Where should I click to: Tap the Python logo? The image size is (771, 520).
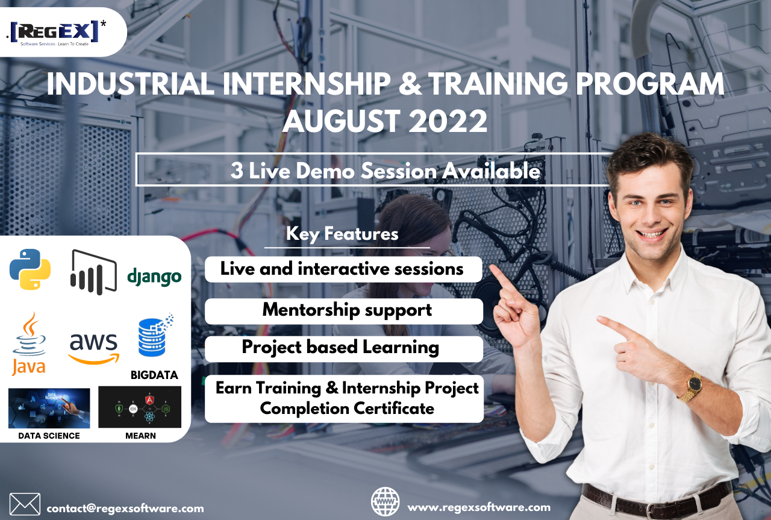[x=30, y=269]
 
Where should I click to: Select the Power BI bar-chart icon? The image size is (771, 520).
[x=93, y=272]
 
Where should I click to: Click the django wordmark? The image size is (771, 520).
[x=154, y=277]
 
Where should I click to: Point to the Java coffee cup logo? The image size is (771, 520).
[x=29, y=343]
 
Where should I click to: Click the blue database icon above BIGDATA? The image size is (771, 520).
[x=155, y=335]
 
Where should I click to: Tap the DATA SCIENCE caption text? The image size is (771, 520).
[x=49, y=436]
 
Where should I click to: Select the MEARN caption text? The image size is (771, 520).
[x=140, y=436]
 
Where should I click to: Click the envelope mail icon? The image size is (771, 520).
[x=25, y=504]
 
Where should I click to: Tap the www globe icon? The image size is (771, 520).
[x=385, y=501]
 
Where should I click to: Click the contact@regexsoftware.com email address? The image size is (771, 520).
[x=125, y=509]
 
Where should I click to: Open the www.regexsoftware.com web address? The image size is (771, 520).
[x=479, y=507]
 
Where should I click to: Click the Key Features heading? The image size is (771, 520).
[x=342, y=234]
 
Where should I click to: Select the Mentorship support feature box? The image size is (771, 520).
[x=344, y=311]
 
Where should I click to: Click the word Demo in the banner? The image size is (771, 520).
[x=325, y=171]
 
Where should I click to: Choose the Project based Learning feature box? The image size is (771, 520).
[x=344, y=348]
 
